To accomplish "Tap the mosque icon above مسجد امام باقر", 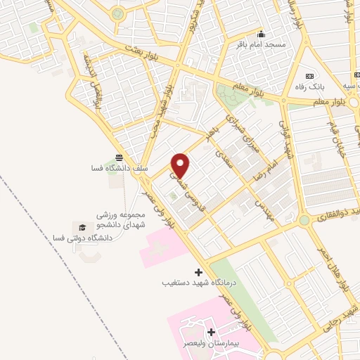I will [x=261, y=34].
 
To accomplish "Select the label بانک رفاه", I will [x=308, y=87].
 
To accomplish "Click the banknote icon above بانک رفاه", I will [x=308, y=76].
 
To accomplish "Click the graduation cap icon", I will [x=83, y=227].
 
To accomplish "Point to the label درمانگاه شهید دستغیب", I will [x=198, y=283].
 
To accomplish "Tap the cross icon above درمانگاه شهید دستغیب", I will [x=198, y=271].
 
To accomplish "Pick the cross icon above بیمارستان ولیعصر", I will [x=210, y=331].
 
